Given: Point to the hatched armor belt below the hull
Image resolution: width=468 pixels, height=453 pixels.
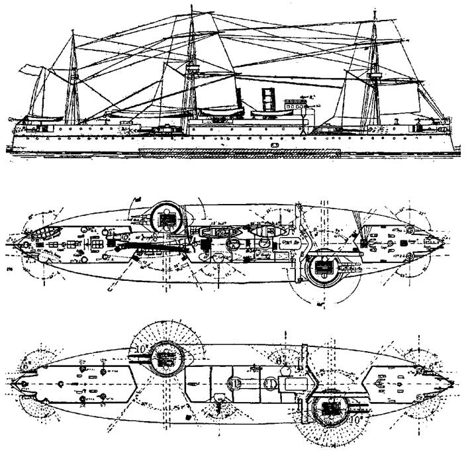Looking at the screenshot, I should point(238,152).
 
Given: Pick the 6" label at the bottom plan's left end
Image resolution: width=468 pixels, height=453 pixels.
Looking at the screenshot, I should point(26,363).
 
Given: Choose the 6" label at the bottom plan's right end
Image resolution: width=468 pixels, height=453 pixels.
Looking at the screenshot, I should point(434,366).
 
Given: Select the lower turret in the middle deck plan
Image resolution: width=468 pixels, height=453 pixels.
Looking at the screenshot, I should point(325,267).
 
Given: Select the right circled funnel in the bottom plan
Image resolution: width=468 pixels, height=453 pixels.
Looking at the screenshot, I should point(271,383).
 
